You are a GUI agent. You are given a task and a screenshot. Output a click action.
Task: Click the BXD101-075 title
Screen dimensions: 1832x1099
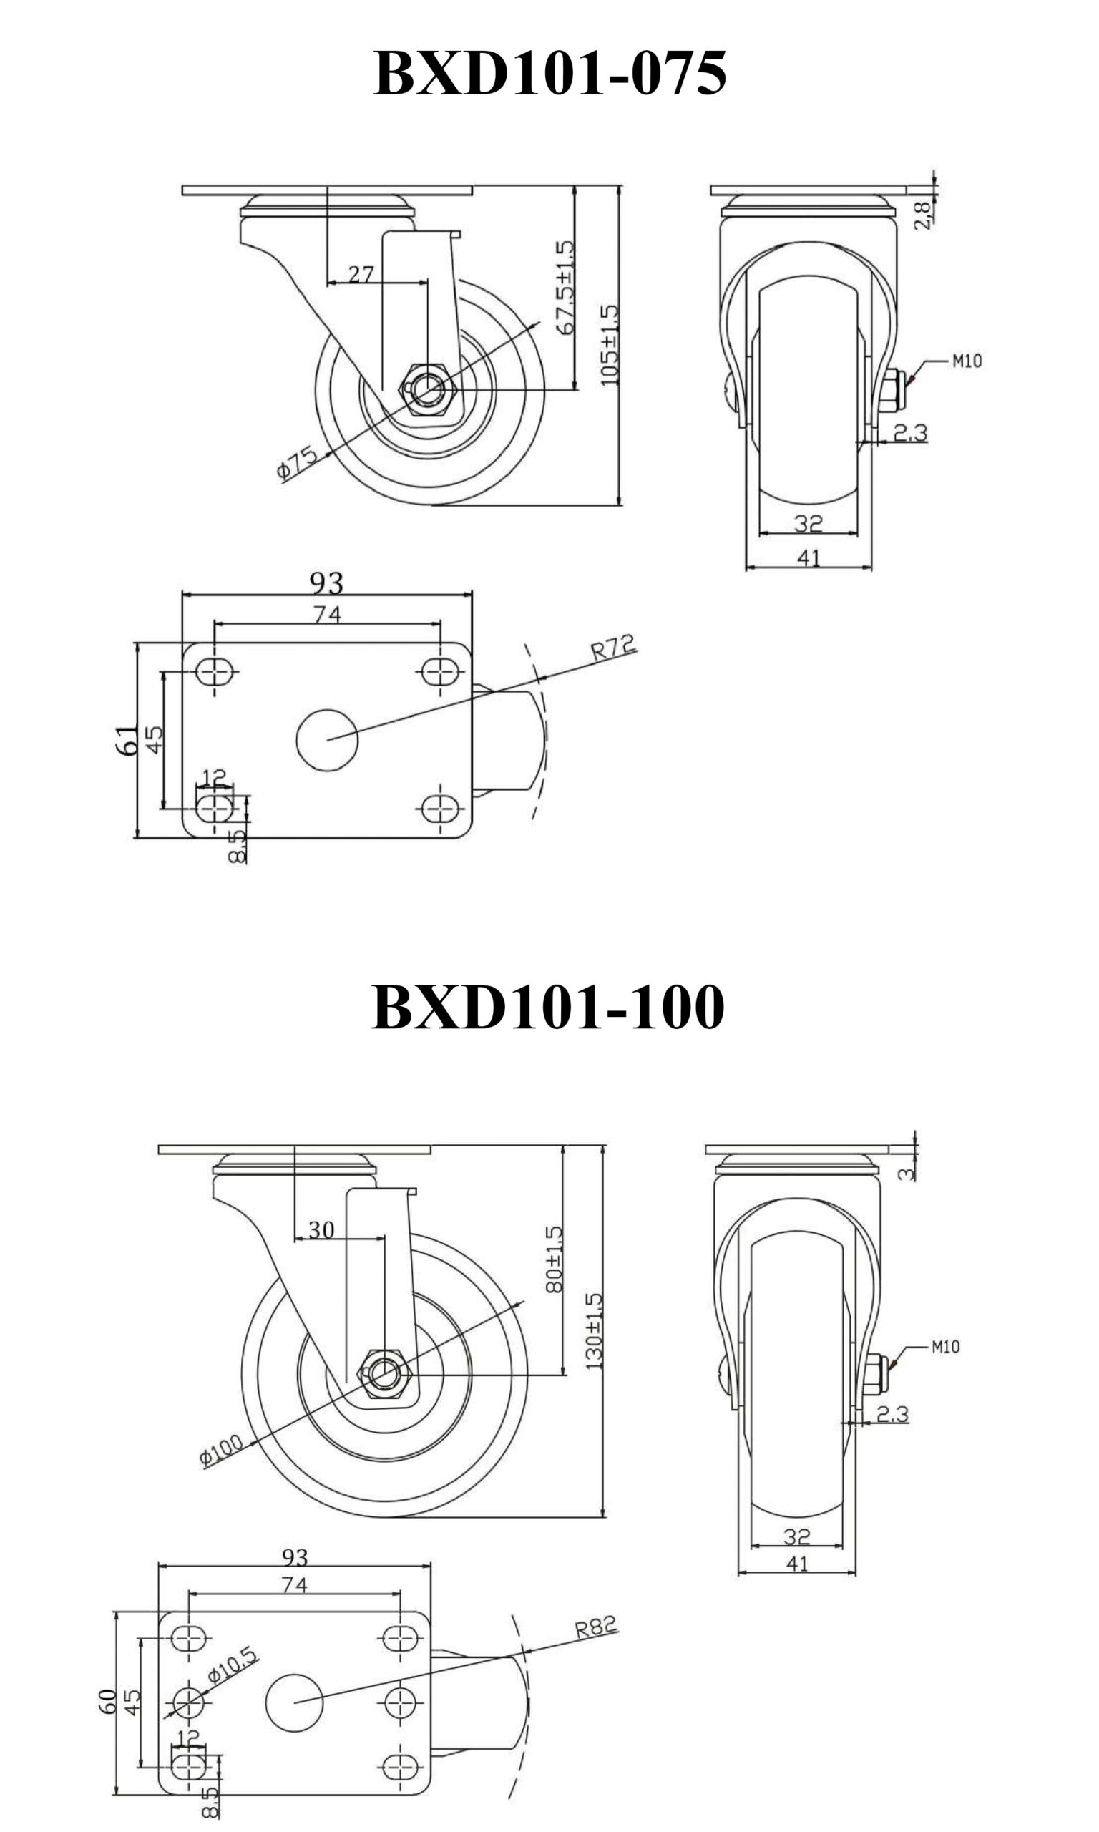click(x=549, y=73)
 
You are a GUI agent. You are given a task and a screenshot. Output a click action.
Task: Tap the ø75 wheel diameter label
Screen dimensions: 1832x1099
click(x=297, y=462)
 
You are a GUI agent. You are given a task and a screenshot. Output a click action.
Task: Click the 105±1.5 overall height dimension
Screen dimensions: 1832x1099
click(x=609, y=345)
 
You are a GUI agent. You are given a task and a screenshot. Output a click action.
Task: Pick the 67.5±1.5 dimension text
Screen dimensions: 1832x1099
click(x=565, y=286)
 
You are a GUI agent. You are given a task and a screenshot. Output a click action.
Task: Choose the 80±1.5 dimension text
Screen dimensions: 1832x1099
click(x=554, y=1259)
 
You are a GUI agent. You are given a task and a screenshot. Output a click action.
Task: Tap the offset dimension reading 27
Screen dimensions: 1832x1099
click(x=361, y=275)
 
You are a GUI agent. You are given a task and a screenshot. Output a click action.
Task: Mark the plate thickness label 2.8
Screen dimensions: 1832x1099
click(x=923, y=215)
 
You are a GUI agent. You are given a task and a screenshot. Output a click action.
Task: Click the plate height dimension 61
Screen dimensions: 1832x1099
click(x=127, y=739)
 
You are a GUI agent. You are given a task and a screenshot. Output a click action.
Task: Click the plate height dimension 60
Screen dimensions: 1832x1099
click(x=107, y=1701)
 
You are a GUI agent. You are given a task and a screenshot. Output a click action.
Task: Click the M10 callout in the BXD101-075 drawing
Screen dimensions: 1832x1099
click(x=967, y=361)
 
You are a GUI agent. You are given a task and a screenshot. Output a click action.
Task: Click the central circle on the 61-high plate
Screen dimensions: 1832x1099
click(x=326, y=739)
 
